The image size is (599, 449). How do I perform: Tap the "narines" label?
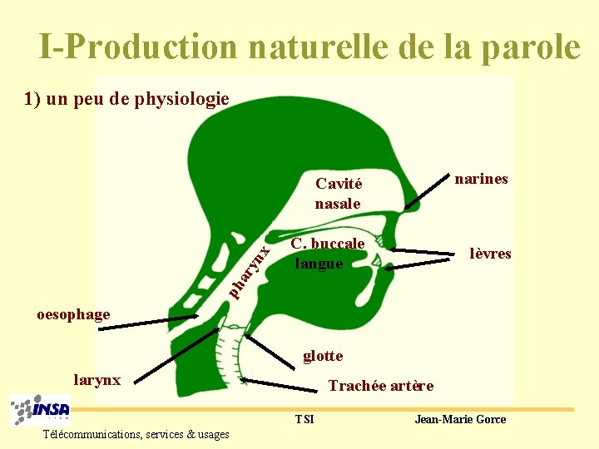click(x=481, y=179)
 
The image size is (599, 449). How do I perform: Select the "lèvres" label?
click(x=490, y=254)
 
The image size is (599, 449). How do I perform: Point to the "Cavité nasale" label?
click(x=338, y=194)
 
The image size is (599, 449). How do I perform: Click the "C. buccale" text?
click(x=328, y=244)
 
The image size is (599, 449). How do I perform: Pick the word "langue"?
click(x=319, y=264)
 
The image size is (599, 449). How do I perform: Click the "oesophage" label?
click(x=73, y=313)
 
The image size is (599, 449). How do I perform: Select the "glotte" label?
click(x=323, y=356)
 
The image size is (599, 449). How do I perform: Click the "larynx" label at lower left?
click(x=97, y=380)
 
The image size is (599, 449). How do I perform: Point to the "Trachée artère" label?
click(x=381, y=386)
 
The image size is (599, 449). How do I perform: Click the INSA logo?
click(x=41, y=410)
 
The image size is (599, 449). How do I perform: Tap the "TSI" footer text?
click(x=304, y=419)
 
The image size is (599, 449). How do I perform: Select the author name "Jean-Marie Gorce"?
click(x=460, y=419)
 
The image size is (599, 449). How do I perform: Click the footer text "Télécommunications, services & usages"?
click(x=136, y=434)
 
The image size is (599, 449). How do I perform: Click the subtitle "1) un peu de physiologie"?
click(x=126, y=100)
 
